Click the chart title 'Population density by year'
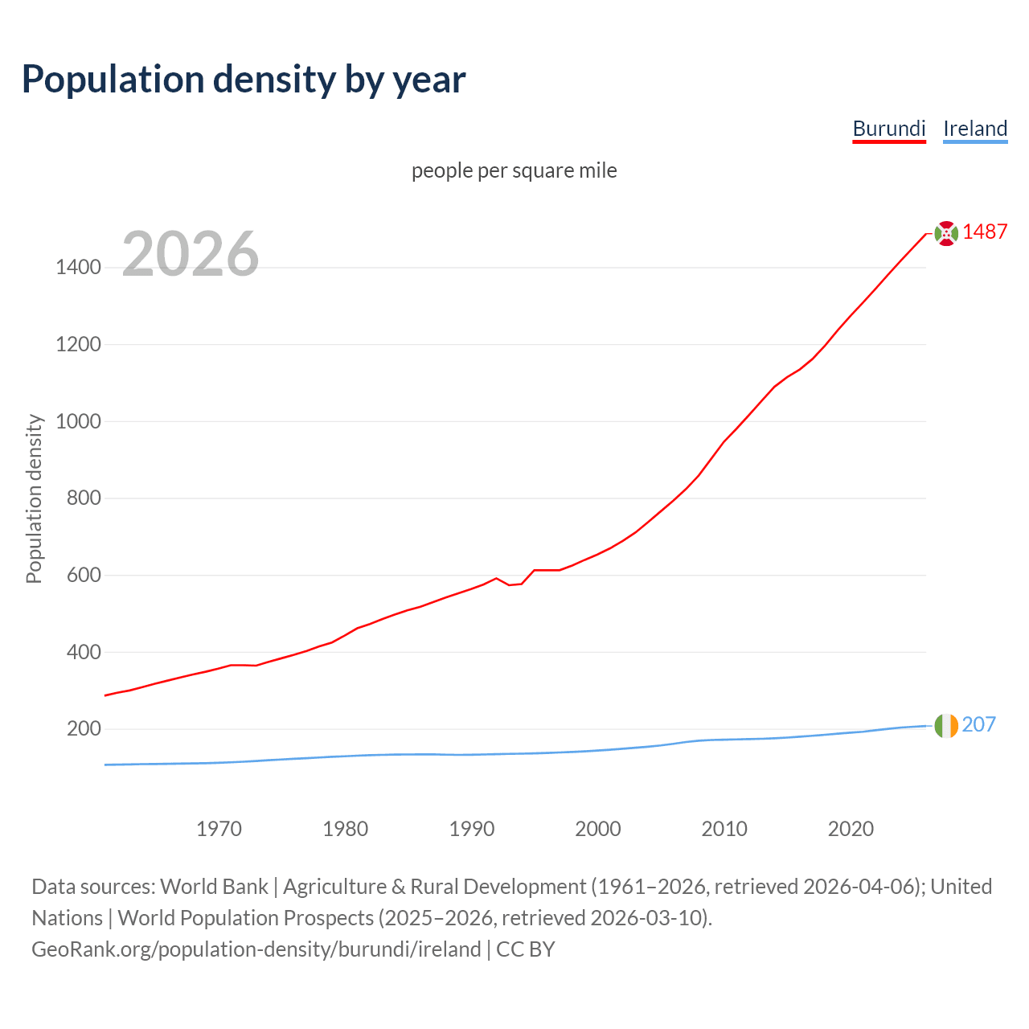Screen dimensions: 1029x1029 244,80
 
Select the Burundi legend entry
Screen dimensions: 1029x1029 889,129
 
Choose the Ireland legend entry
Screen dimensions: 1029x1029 975,129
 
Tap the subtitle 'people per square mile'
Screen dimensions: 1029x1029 514,170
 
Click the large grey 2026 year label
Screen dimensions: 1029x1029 191,254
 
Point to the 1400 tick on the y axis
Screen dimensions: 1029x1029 78,267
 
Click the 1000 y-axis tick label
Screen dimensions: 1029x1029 78,421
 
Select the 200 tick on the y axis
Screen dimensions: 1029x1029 84,729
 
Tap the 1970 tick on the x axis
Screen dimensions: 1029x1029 219,828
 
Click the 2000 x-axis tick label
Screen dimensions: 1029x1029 598,828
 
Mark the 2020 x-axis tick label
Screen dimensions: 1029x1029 851,828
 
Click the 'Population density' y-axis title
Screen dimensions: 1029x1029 34,498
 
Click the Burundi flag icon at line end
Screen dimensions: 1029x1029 946,233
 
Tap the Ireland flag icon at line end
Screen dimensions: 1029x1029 946,726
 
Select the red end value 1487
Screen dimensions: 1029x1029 985,232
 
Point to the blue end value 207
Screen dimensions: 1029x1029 978,724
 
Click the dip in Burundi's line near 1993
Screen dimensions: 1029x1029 510,584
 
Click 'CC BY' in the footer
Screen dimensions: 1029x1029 526,949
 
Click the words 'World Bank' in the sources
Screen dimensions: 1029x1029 214,887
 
